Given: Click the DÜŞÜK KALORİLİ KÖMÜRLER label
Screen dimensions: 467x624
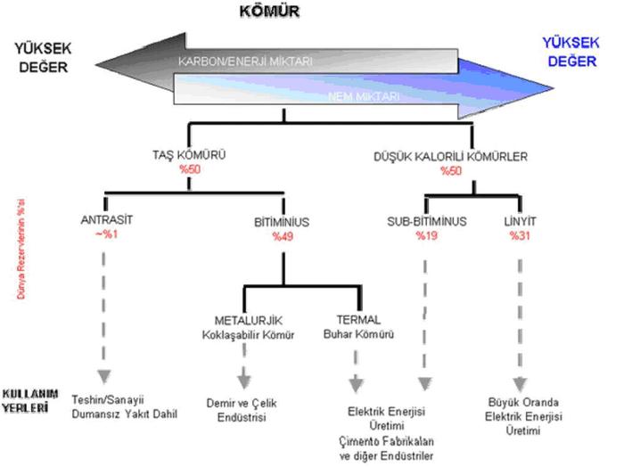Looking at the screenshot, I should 462,157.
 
